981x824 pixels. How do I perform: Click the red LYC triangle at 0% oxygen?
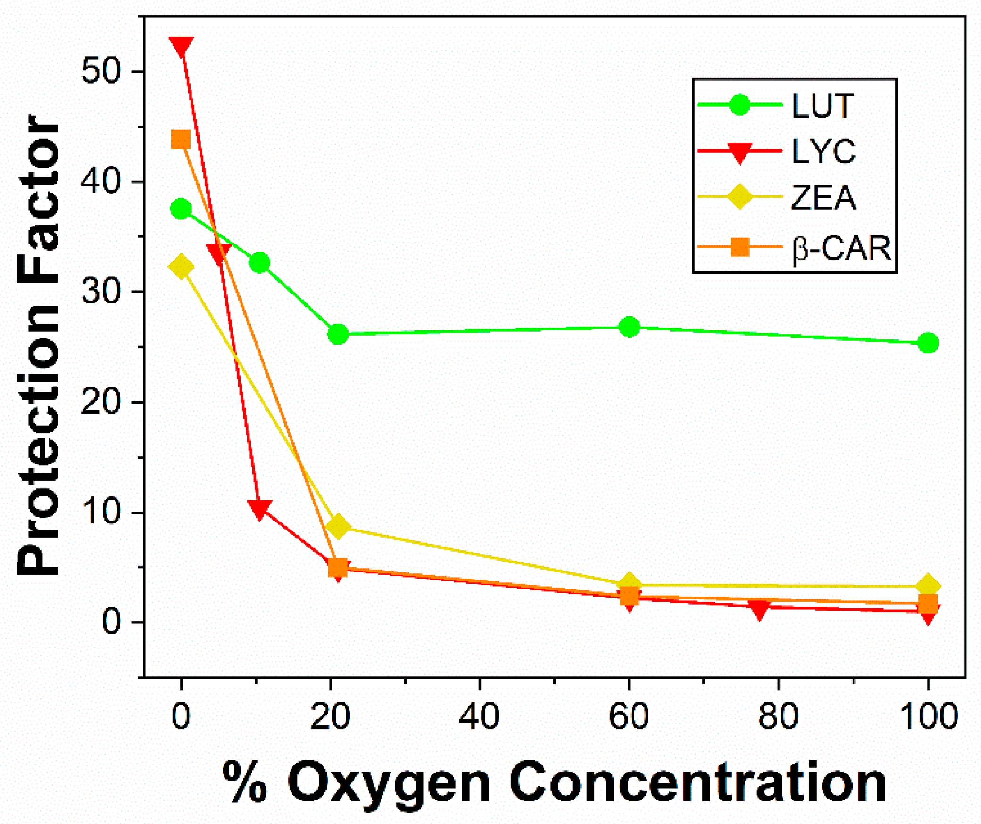[182, 46]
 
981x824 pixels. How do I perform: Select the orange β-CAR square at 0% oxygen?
[181, 140]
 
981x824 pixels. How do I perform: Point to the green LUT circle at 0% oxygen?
[181, 209]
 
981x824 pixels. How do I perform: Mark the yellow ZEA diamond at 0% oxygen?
[181, 267]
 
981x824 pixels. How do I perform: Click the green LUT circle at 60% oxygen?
[629, 327]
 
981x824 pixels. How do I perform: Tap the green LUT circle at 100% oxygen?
[928, 343]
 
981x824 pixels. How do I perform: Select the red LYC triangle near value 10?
[259, 509]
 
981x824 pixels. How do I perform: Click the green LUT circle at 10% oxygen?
[259, 262]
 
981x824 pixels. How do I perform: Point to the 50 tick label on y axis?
[100, 72]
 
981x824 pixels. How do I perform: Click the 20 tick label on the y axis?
[100, 402]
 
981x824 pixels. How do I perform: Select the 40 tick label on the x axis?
[479, 716]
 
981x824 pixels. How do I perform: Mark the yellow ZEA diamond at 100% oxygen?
[928, 586]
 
